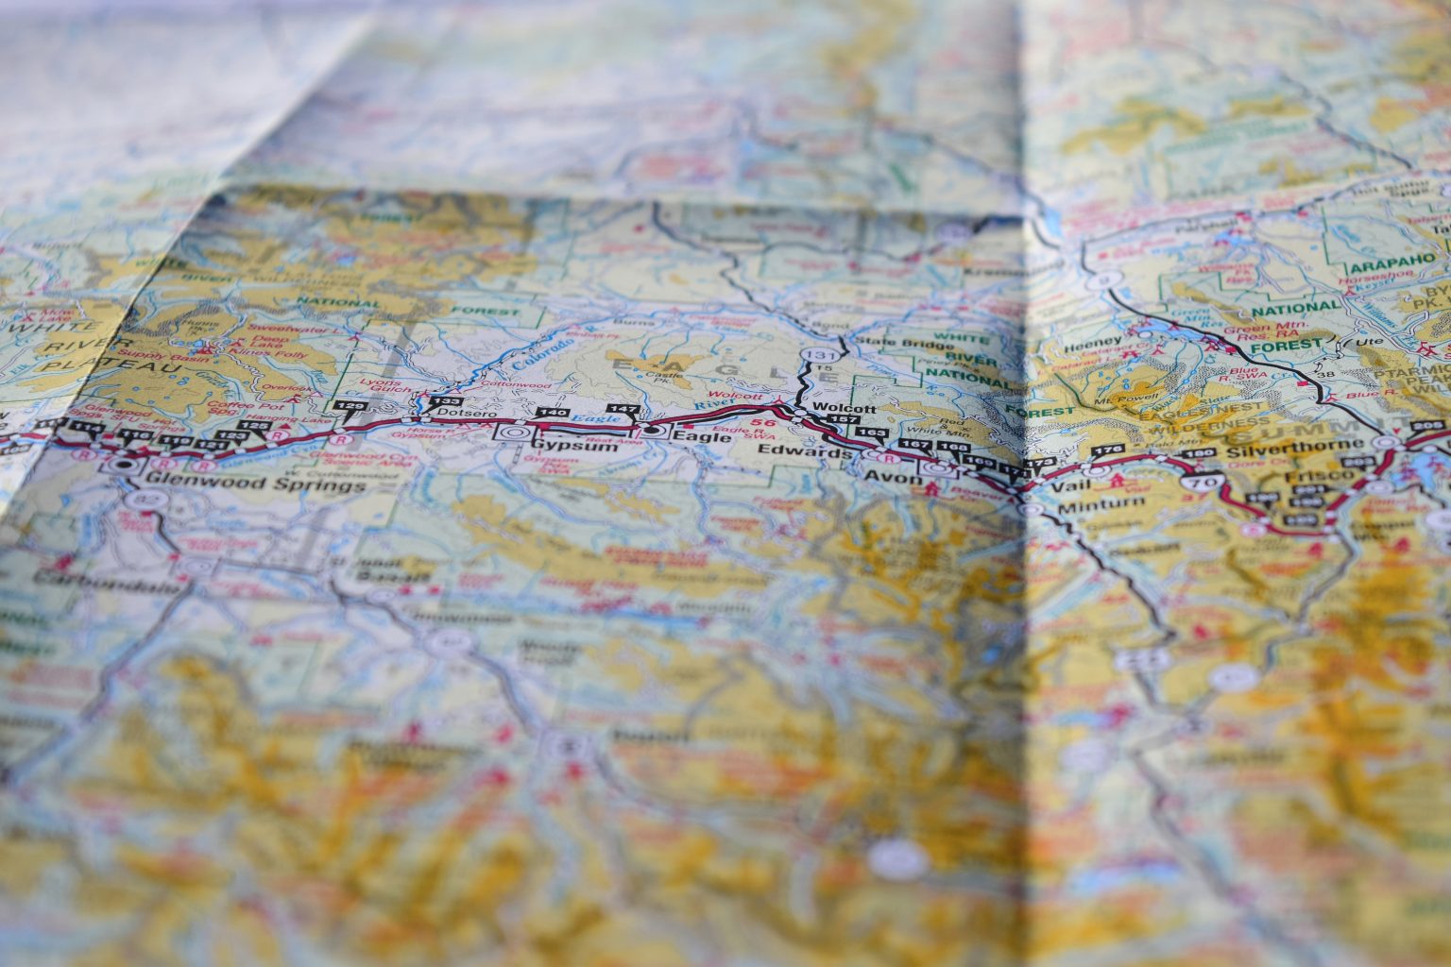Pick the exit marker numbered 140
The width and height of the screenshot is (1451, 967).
click(x=552, y=413)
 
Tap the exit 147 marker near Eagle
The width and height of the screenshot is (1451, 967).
click(x=625, y=409)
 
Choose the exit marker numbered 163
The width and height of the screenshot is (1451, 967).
click(x=872, y=432)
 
